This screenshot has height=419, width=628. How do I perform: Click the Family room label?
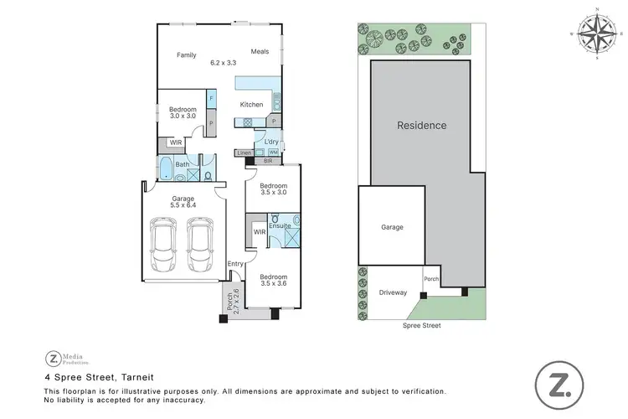(x=186, y=55)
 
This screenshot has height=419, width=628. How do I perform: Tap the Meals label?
(x=260, y=52)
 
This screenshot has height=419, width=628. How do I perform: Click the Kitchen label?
(x=251, y=105)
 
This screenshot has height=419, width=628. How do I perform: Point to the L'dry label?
(x=271, y=142)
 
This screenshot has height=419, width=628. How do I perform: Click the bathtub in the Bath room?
(x=166, y=174)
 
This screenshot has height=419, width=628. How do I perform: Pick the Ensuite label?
(x=280, y=226)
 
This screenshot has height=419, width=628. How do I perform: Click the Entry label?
(x=235, y=264)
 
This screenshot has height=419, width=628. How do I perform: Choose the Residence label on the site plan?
(x=421, y=126)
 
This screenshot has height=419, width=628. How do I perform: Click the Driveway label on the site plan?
(x=393, y=292)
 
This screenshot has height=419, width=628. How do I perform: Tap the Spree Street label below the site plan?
(x=421, y=325)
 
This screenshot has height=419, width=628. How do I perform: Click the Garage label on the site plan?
(x=392, y=227)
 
